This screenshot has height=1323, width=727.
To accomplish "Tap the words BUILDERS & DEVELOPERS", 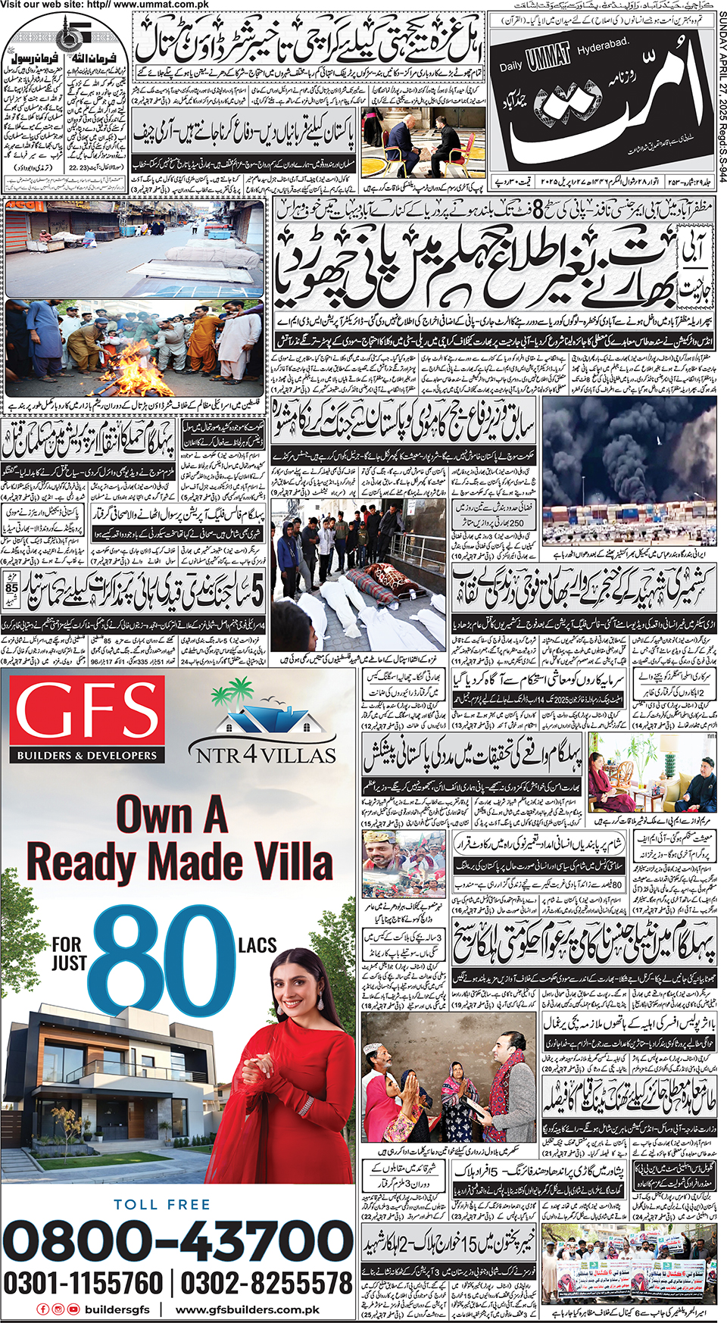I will point(87,755).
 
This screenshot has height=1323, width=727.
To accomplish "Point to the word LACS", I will point(257,945).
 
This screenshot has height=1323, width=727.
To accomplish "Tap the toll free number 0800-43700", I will point(179,1241).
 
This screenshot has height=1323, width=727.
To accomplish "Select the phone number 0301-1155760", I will point(83,1283).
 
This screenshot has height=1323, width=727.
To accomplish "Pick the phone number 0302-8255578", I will point(267,1283).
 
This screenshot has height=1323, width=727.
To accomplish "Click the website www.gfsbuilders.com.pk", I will point(248,1309).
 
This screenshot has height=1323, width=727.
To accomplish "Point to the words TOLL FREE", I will point(162,1204).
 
